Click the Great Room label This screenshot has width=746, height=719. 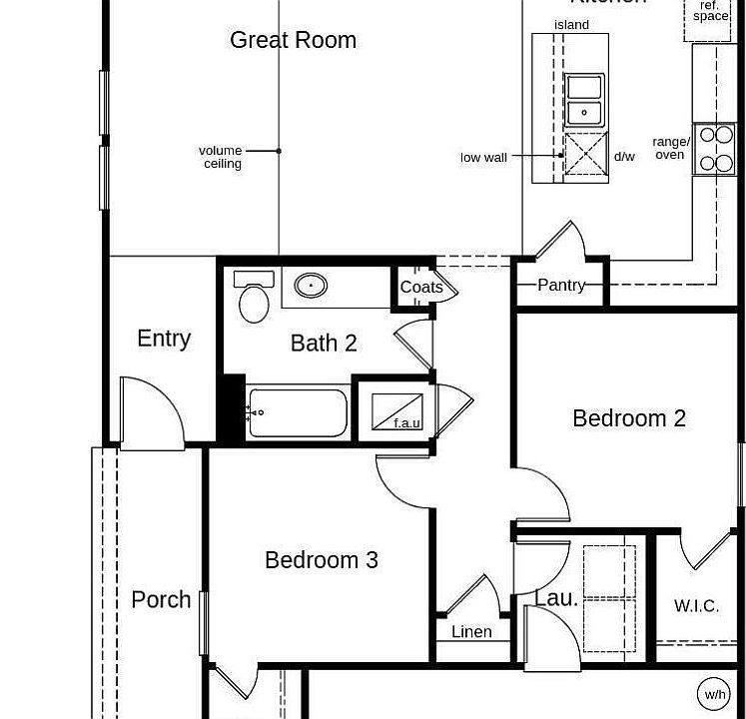tap(293, 40)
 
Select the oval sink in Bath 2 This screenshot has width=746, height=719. tap(312, 286)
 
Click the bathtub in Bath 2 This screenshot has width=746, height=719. tap(297, 412)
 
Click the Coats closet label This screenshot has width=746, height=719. tap(421, 287)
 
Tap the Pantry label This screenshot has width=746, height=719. tap(561, 285)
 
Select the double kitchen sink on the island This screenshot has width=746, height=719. tap(584, 100)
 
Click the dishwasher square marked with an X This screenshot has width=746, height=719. tap(585, 155)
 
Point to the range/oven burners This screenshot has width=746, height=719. tap(715, 149)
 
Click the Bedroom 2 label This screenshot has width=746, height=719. tap(629, 418)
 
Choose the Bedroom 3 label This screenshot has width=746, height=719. tap(322, 560)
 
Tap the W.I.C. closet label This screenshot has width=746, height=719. tap(696, 606)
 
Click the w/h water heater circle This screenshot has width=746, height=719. tap(715, 694)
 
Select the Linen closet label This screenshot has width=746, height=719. tap(471, 631)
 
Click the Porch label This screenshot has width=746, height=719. tap(161, 599)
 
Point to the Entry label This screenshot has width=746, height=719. tap(164, 339)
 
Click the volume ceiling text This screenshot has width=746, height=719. tap(221, 157)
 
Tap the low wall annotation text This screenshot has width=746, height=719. tap(483, 157)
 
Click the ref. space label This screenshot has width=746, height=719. tap(710, 12)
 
